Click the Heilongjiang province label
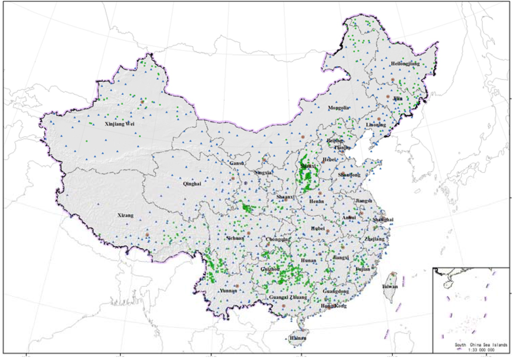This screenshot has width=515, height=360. click(x=405, y=64)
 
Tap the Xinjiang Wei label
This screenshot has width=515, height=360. click(x=119, y=124)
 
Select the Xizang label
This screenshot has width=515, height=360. click(x=126, y=215)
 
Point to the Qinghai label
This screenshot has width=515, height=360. click(x=192, y=184)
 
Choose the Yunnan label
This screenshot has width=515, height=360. click(x=228, y=291)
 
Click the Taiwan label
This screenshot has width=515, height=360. click(x=390, y=286)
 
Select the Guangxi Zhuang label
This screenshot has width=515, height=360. click(x=288, y=298)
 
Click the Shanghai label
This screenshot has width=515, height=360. click(x=383, y=220)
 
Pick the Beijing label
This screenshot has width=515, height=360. click(x=335, y=141)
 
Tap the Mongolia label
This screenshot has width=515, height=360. click(x=338, y=108)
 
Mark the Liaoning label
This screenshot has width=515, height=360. click(x=376, y=124)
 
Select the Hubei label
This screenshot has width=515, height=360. click(x=318, y=228)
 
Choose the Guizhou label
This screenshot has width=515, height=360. click(x=271, y=269)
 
